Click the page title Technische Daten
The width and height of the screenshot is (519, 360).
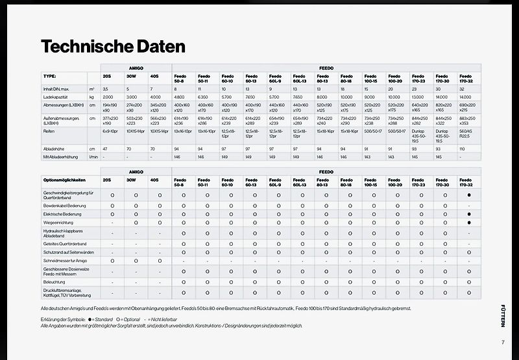point(113,46)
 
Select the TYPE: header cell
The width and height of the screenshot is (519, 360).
point(50,76)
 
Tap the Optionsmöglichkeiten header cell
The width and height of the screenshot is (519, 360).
point(64,180)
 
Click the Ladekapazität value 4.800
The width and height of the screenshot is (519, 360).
point(180,96)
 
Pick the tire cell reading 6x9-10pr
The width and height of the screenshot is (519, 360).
point(110,130)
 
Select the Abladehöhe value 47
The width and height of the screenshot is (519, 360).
point(105,149)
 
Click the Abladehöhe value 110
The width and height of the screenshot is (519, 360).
point(462,149)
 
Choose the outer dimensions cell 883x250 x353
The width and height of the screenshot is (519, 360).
point(468,120)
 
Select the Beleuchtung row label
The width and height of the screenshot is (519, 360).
point(54,282)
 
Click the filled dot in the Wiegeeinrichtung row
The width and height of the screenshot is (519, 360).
point(468,222)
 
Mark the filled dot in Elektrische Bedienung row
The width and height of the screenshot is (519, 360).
point(468,213)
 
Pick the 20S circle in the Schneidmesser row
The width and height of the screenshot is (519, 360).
point(112,260)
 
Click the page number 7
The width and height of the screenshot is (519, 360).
point(502,342)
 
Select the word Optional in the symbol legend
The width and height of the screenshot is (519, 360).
point(132,320)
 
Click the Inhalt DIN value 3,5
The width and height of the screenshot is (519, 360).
point(106,88)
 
